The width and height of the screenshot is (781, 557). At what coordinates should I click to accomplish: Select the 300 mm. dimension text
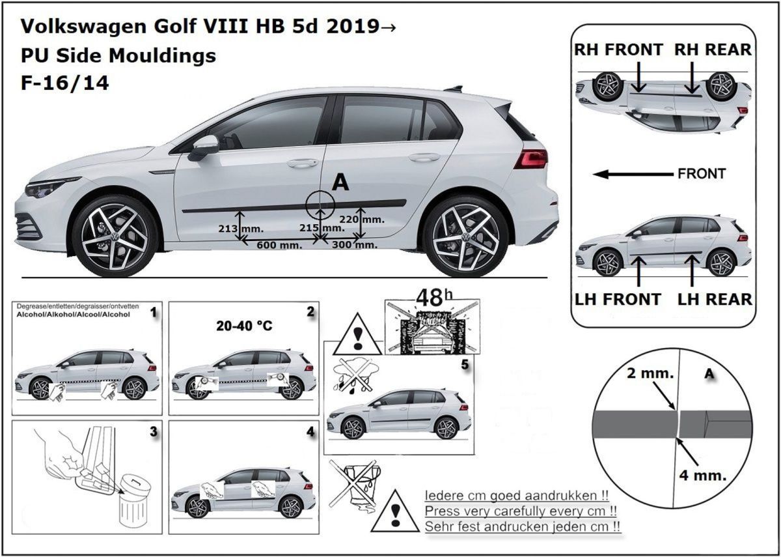(x=353, y=244)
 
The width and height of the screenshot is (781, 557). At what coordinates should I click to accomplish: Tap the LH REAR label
(x=714, y=299)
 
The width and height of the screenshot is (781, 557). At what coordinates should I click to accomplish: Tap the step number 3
(x=153, y=431)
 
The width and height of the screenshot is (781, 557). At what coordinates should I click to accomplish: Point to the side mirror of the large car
(x=204, y=147)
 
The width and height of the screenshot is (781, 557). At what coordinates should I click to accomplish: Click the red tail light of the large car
(x=530, y=158)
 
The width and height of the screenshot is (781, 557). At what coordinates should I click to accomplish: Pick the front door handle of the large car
(x=302, y=163)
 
